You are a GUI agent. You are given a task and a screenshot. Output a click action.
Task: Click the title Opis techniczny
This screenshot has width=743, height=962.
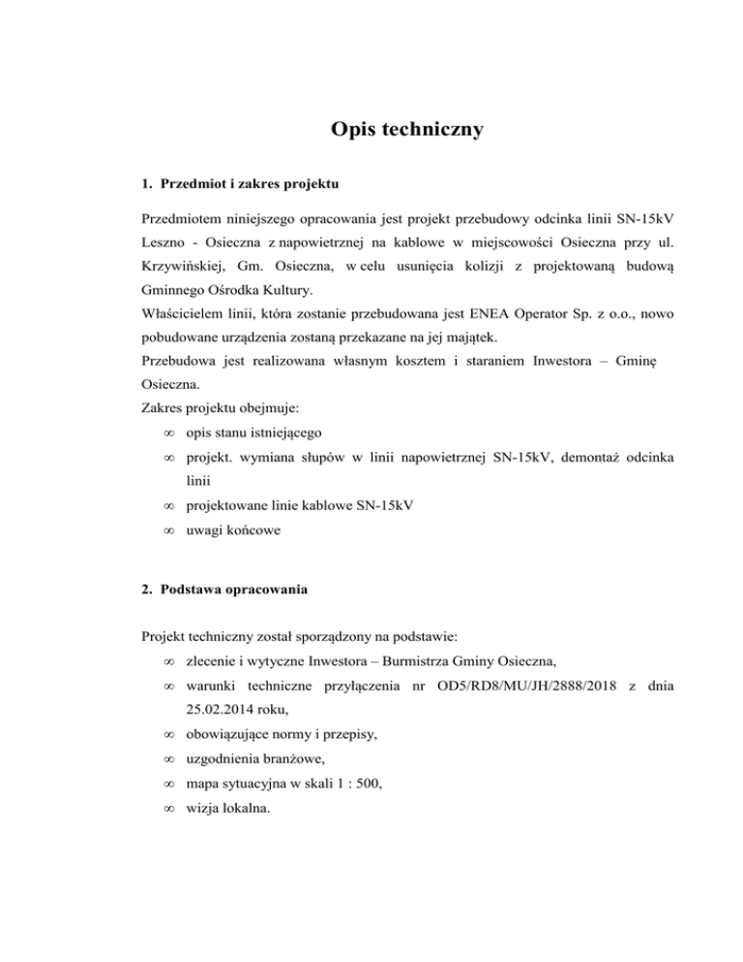(x=404, y=129)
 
